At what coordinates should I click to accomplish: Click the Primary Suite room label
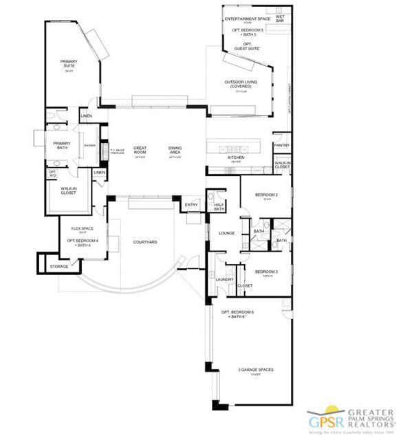(x=69, y=63)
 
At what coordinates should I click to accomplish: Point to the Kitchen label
(x=236, y=158)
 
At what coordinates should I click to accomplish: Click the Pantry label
(x=281, y=146)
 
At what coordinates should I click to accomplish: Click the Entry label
(x=191, y=204)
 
